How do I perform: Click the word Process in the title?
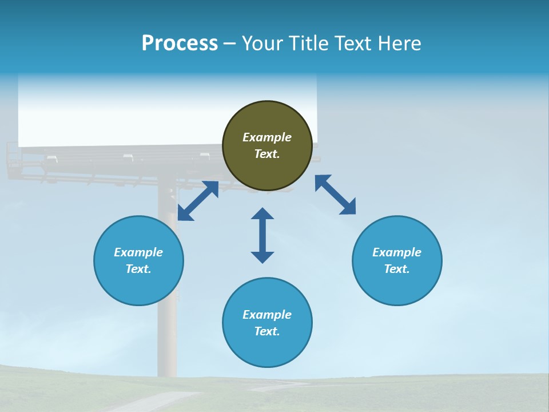[180, 43]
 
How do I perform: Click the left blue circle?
[138, 286]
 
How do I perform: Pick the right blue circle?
[397, 286]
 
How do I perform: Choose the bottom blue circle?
[267, 348]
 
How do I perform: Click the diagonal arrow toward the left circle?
[198, 201]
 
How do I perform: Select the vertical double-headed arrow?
[262, 235]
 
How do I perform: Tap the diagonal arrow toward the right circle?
[335, 195]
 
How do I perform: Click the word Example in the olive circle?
[267, 137]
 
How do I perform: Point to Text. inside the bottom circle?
[267, 331]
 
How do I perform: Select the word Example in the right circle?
[397, 252]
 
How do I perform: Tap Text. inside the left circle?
[138, 269]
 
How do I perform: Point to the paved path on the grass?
[154, 401]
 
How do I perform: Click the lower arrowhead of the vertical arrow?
[262, 256]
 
